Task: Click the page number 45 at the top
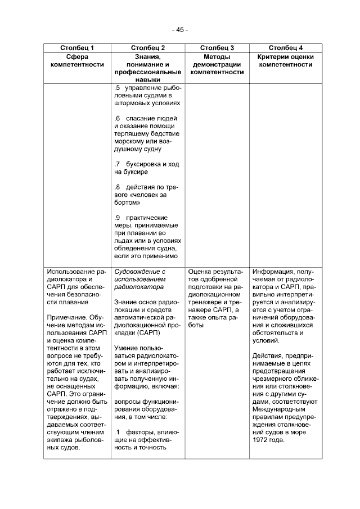[x=180, y=29]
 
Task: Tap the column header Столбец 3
[x=217, y=48]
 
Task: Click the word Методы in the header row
[x=217, y=57]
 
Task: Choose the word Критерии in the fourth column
[x=273, y=57]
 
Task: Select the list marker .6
[x=117, y=119]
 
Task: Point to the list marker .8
[x=117, y=187]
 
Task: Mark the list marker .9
[x=117, y=218]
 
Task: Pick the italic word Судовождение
[x=139, y=271]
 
